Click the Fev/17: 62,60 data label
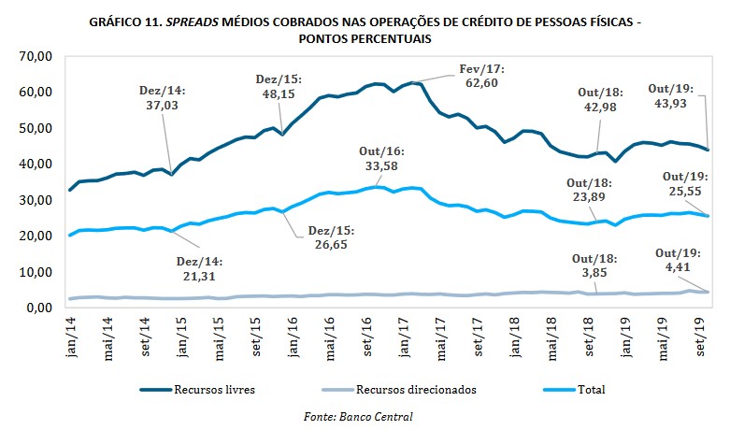481,76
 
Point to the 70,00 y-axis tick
36,57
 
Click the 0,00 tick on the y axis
39,308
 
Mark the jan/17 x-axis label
408,332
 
